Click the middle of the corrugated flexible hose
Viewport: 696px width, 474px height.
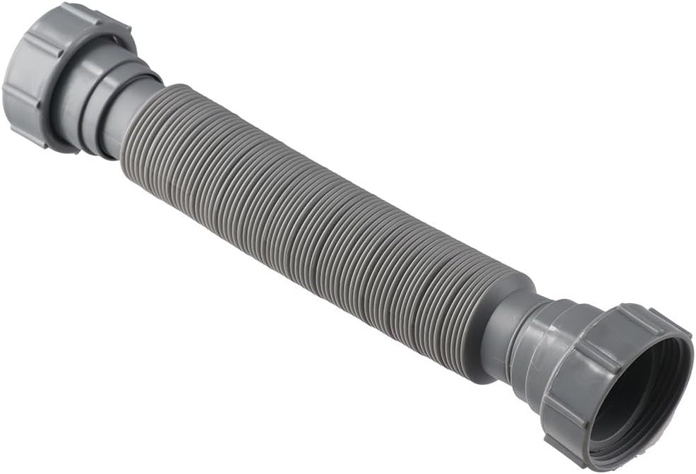coord(318,226)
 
